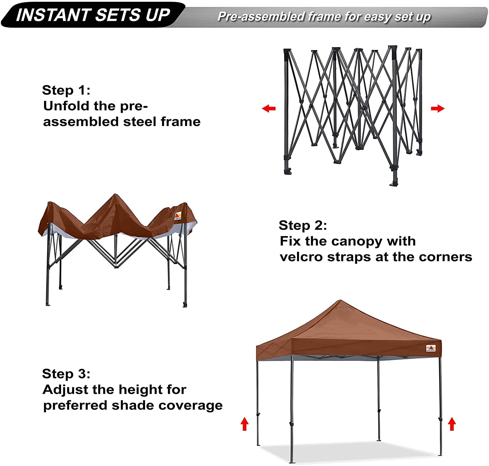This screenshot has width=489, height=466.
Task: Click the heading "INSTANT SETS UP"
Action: pyautogui.click(x=93, y=15)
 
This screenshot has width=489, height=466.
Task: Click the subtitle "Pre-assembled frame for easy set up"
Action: pyautogui.click(x=324, y=17)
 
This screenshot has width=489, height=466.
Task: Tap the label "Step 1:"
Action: pyautogui.click(x=66, y=90)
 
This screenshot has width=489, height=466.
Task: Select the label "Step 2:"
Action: pyautogui.click(x=303, y=225)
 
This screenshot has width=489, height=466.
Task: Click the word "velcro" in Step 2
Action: pyautogui.click(x=301, y=257)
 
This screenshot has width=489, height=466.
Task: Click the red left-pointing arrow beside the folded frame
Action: pyautogui.click(x=269, y=108)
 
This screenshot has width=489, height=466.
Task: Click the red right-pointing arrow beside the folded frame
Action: pyautogui.click(x=437, y=108)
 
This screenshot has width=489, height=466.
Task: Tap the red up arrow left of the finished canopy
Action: pyautogui.click(x=244, y=424)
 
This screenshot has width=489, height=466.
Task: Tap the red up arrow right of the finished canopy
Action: pyautogui.click(x=452, y=424)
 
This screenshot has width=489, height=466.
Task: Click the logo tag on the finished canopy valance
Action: pyautogui.click(x=431, y=348)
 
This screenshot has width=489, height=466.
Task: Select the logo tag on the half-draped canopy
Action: pyautogui.click(x=178, y=216)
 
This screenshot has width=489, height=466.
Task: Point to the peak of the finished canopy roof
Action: pyautogui.click(x=340, y=300)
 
